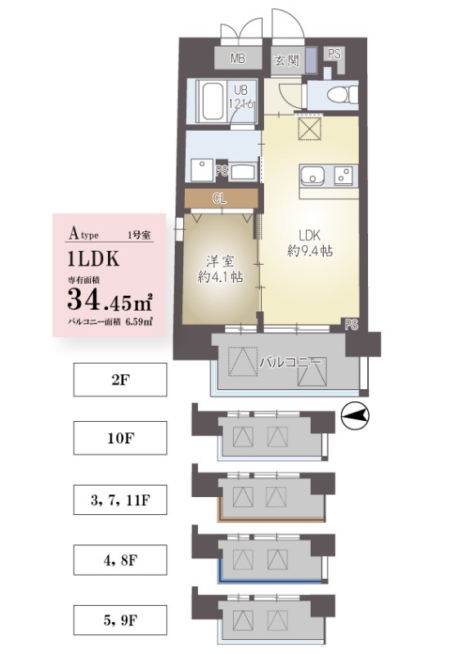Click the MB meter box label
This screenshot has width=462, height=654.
point(238,58)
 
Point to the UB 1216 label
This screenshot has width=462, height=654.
point(244,98)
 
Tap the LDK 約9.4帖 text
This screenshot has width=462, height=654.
point(309,241)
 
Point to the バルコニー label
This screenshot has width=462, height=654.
point(289,360)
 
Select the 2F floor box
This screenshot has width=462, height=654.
point(120,380)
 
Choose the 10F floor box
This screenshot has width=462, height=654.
point(120,438)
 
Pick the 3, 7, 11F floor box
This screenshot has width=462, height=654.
point(120,500)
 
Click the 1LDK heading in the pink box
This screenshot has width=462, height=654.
point(95,259)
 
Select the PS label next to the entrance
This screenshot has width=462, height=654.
point(334,53)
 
